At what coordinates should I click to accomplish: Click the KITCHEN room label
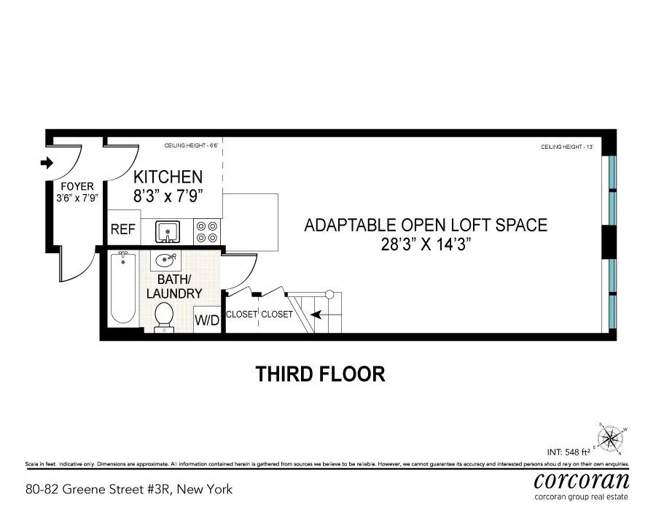coord(167,177)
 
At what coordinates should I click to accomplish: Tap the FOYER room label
coord(77,185)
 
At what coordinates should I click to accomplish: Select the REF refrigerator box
coord(123,229)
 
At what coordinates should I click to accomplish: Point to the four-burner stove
coord(207,232)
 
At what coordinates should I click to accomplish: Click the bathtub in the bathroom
coord(123,288)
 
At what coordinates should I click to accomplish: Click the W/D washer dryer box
coord(206,320)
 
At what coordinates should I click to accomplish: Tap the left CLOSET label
coord(241,315)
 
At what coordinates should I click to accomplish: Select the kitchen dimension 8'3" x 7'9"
coord(167,196)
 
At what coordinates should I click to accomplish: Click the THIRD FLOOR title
coord(320,374)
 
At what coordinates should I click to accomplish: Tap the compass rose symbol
coord(612,437)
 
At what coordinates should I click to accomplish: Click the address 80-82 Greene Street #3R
coord(129,489)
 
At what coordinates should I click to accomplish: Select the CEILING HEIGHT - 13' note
coord(567,147)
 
